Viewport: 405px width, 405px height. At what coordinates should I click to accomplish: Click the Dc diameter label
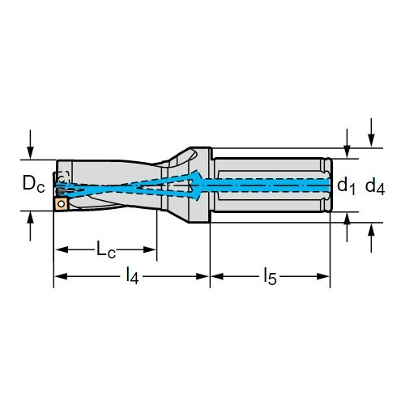coord(34,184)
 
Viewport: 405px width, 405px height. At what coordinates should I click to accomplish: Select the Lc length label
coord(106,249)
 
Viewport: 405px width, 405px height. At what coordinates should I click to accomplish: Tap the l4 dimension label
coord(132,276)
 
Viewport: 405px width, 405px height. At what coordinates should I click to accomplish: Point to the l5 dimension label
coord(271,276)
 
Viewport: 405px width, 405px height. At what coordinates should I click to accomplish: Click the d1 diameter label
coord(346,186)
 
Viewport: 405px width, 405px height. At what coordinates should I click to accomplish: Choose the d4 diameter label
coord(375,186)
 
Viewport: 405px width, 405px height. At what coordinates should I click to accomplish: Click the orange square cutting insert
coord(61,203)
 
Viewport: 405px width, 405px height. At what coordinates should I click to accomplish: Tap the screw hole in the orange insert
coord(62,204)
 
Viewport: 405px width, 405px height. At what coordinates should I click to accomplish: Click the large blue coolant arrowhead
coord(197,185)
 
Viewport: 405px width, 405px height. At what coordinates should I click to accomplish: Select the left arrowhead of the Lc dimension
coord(62,249)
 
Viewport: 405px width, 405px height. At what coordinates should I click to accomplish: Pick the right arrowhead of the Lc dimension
coord(150,249)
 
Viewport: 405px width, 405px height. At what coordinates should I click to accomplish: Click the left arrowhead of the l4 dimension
coord(61,276)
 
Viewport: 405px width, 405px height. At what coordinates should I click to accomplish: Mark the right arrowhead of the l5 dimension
coord(323,276)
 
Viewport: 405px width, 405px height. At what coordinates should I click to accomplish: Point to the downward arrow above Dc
coord(31,145)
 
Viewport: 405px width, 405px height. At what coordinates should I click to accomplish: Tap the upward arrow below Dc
coord(31,226)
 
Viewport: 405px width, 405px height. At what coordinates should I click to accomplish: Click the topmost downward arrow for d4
coord(372,133)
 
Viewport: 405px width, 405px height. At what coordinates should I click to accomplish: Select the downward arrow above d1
coord(347,143)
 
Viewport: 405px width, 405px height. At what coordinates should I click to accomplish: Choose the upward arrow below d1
coord(347,227)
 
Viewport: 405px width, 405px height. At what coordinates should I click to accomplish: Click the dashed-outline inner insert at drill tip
coord(63,177)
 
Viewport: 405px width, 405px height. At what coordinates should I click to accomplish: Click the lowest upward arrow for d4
coord(372,238)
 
